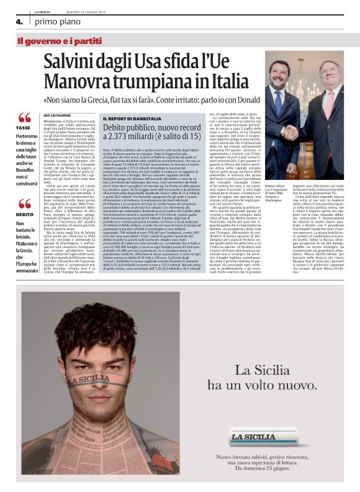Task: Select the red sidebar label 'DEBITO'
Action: click(x=24, y=216)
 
